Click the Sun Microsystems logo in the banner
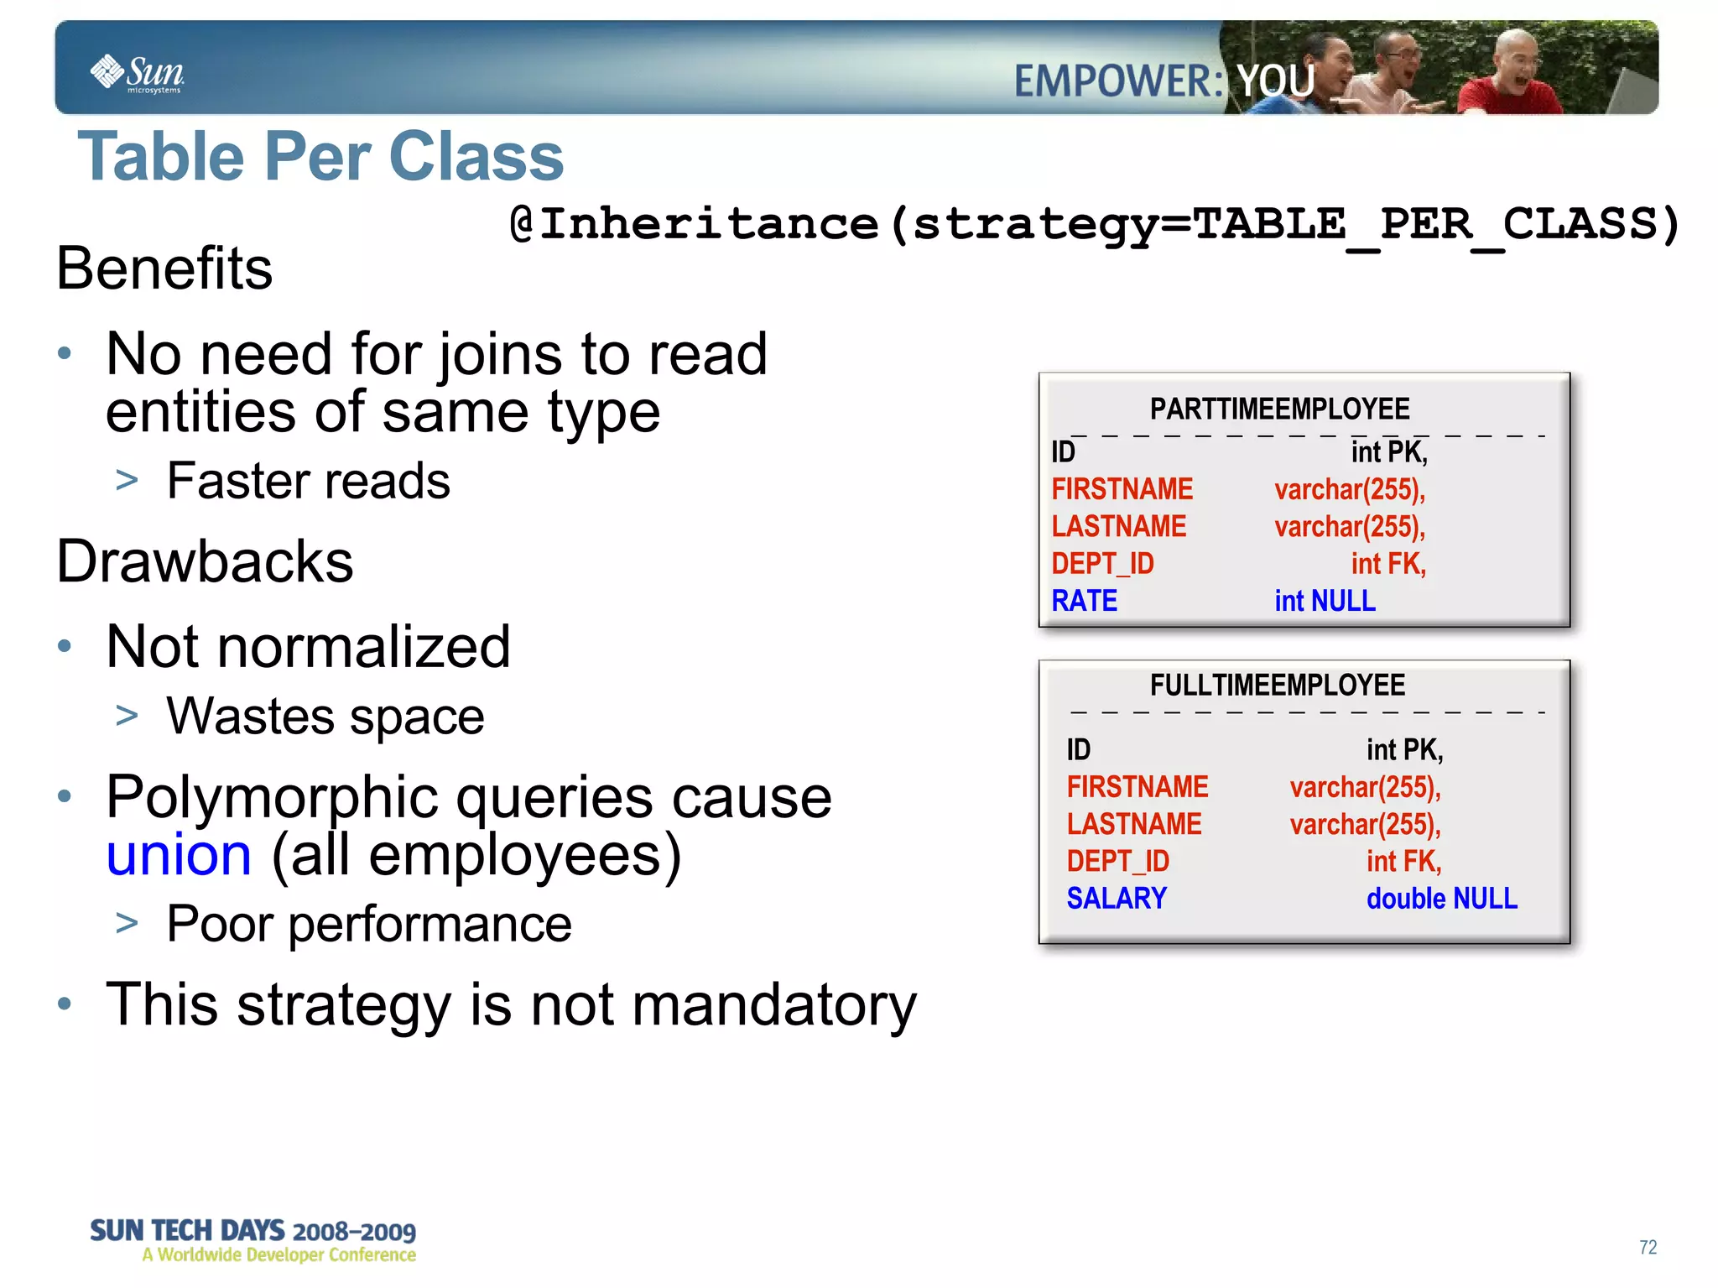tap(137, 73)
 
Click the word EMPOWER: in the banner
tap(1119, 81)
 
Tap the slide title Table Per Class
tap(320, 157)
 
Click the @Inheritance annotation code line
tap(1094, 224)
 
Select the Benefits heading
tap(164, 269)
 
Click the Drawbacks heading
tap(205, 561)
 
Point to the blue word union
tap(179, 855)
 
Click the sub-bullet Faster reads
tap(308, 481)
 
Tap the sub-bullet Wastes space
tap(325, 717)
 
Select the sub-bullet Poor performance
tap(369, 924)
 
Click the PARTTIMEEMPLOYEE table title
tap(1278, 409)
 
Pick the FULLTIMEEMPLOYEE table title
tap(1277, 686)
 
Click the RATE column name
tap(1084, 601)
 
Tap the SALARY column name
tap(1117, 899)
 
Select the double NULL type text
tap(1441, 899)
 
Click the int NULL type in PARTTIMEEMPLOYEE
tap(1325, 601)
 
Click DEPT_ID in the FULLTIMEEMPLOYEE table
tap(1117, 861)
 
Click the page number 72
tap(1648, 1247)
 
